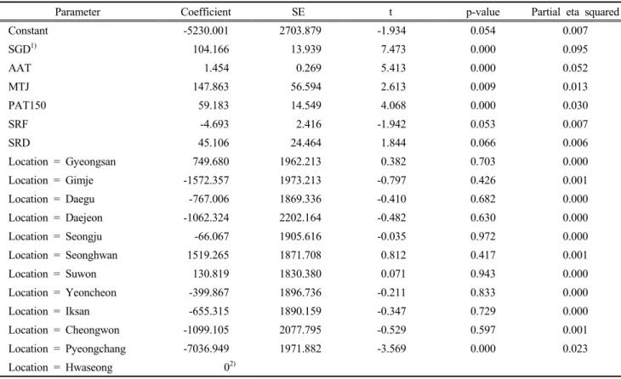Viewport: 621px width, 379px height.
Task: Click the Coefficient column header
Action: coord(206,12)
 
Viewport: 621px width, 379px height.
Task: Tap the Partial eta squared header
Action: coord(575,12)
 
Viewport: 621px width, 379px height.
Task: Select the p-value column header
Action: coord(483,13)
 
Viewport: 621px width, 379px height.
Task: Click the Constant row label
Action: coord(28,31)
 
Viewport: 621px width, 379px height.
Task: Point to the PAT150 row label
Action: coord(27,105)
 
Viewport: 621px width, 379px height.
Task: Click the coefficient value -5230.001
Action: coord(206,31)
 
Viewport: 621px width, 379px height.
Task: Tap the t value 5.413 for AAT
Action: coord(393,68)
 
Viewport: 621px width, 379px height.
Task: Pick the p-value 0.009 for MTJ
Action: coord(483,87)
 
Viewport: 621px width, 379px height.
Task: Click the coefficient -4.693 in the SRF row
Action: coord(214,124)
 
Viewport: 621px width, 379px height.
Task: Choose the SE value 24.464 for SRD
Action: coord(305,143)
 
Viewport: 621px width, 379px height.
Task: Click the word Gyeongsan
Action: coord(91,161)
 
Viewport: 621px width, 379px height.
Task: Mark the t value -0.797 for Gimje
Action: coord(391,180)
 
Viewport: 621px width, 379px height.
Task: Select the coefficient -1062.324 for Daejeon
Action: coord(206,218)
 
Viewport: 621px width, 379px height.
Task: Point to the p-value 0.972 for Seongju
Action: coord(483,236)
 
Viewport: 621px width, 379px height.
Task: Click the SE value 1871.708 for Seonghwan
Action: coord(300,255)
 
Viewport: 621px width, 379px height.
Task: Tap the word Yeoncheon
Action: coord(91,293)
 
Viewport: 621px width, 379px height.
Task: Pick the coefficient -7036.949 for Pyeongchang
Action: coord(206,349)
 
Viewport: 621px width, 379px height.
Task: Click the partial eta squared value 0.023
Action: coord(575,349)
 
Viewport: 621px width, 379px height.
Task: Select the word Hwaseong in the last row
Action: coord(89,368)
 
